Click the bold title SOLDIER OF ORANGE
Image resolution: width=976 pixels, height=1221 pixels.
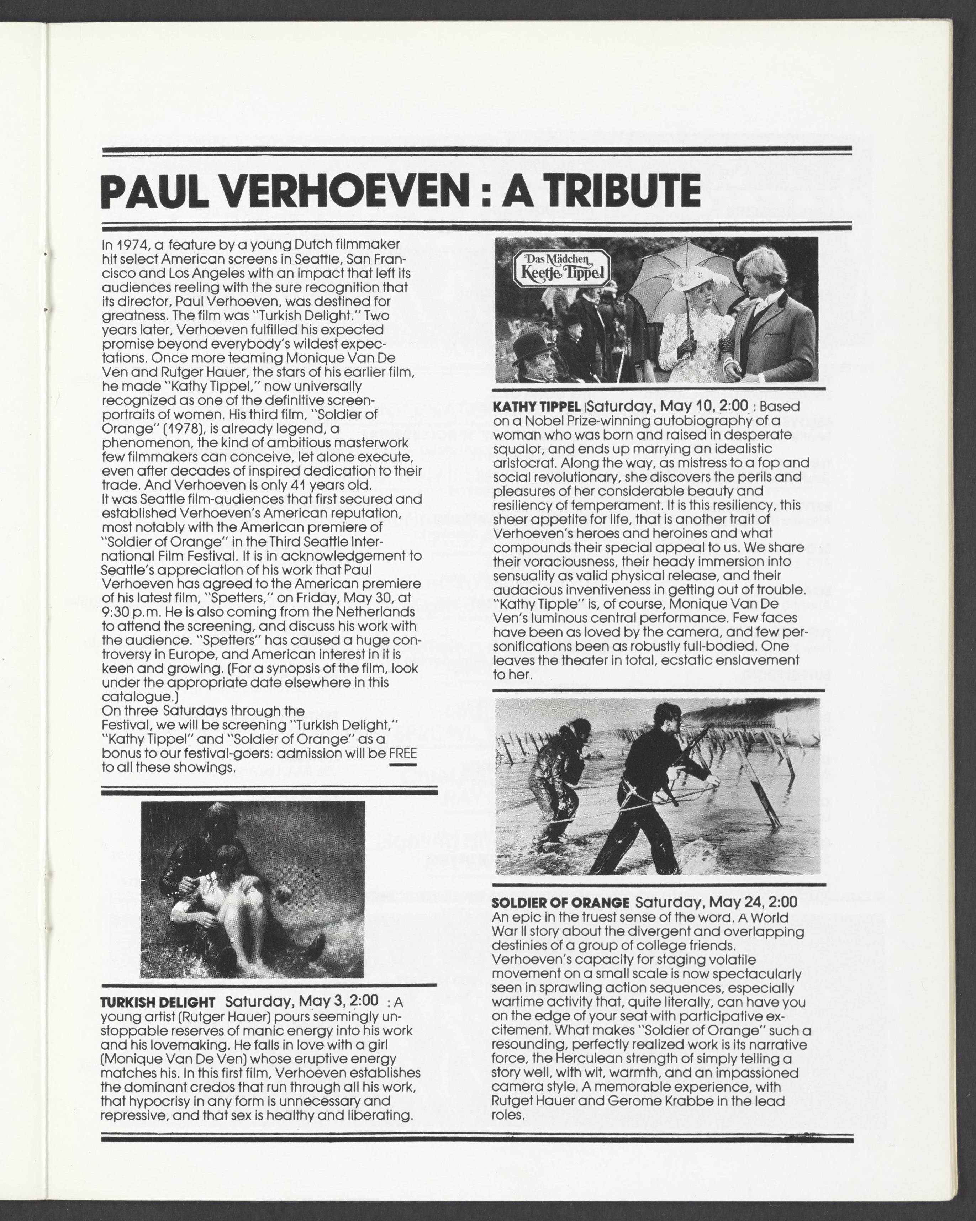click(560, 903)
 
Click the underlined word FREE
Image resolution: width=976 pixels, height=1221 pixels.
click(403, 753)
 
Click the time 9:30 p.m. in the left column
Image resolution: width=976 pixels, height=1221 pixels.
click(131, 612)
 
